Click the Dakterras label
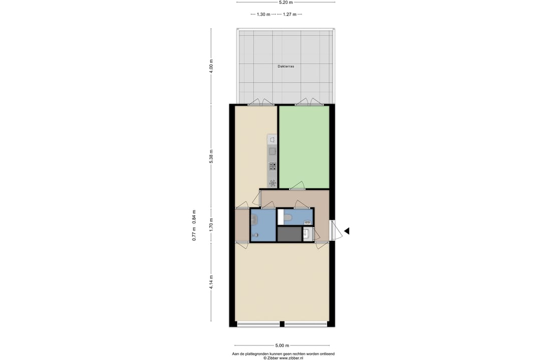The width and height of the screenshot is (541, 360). (286, 66)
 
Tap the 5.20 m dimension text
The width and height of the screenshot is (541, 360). (286, 2)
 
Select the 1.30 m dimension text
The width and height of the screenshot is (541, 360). (263, 15)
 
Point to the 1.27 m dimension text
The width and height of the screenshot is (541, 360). (290, 15)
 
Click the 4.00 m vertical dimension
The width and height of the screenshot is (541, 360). (211, 66)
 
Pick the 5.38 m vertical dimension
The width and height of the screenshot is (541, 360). (211, 156)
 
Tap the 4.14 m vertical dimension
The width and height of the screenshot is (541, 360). (211, 282)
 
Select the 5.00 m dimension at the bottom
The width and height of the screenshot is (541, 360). (282, 345)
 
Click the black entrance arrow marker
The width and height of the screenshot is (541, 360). (347, 231)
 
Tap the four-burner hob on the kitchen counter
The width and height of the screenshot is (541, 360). (273, 167)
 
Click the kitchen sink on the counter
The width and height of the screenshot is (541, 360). (272, 151)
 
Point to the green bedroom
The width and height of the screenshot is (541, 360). (304, 147)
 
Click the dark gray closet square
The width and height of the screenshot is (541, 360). (290, 234)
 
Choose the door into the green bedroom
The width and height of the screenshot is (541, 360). (298, 186)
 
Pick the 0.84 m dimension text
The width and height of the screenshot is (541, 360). (194, 217)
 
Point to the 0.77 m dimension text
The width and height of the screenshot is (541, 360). (194, 234)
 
